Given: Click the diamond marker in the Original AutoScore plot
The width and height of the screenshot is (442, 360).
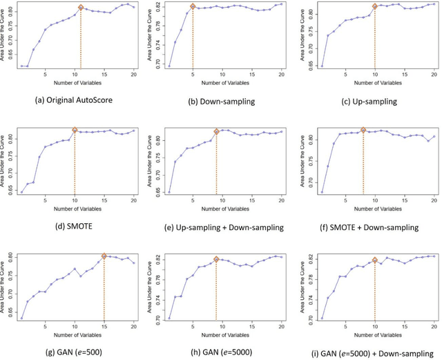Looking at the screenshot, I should point(81,8).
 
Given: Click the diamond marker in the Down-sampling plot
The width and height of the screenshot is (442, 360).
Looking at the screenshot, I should point(193,7).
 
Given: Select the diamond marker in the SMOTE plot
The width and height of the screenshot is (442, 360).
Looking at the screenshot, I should point(75,130).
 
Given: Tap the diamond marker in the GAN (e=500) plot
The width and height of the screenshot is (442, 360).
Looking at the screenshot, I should point(104,256).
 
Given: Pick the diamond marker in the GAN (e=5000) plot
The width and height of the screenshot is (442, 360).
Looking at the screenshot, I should point(216,260).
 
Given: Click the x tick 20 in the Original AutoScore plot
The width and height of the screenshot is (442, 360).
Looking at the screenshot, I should point(133,74).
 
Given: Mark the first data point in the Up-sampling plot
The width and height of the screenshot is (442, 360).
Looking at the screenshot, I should point(302,66).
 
